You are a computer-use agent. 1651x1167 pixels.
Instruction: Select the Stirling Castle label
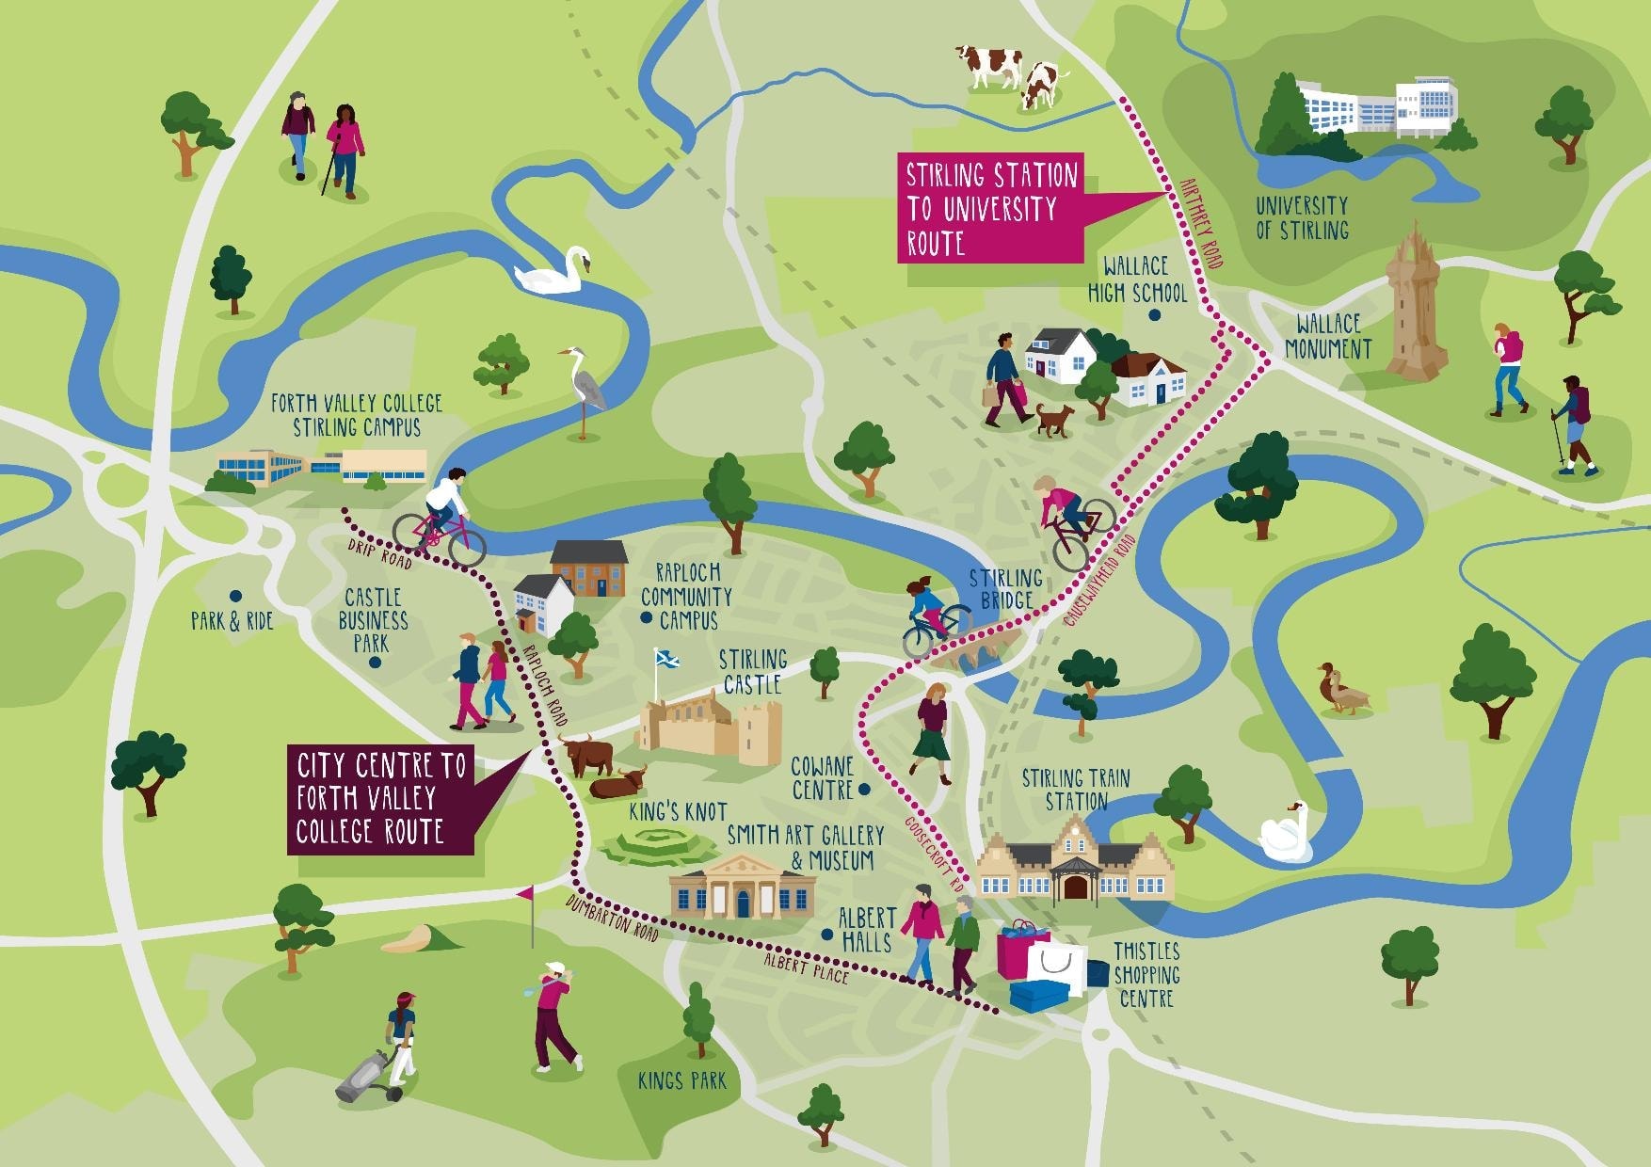pos(752,672)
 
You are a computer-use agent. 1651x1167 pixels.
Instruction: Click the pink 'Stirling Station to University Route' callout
pos(991,208)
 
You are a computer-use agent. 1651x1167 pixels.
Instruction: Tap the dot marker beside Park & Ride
pos(235,596)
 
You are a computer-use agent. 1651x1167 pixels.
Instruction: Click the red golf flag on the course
pos(526,893)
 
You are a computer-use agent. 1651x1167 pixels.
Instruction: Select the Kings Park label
pos(681,1080)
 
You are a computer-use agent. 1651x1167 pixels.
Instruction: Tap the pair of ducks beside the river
pos(1342,690)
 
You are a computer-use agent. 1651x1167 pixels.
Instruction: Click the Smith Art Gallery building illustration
pos(742,887)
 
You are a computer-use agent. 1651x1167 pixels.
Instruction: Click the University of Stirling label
pos(1302,217)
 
